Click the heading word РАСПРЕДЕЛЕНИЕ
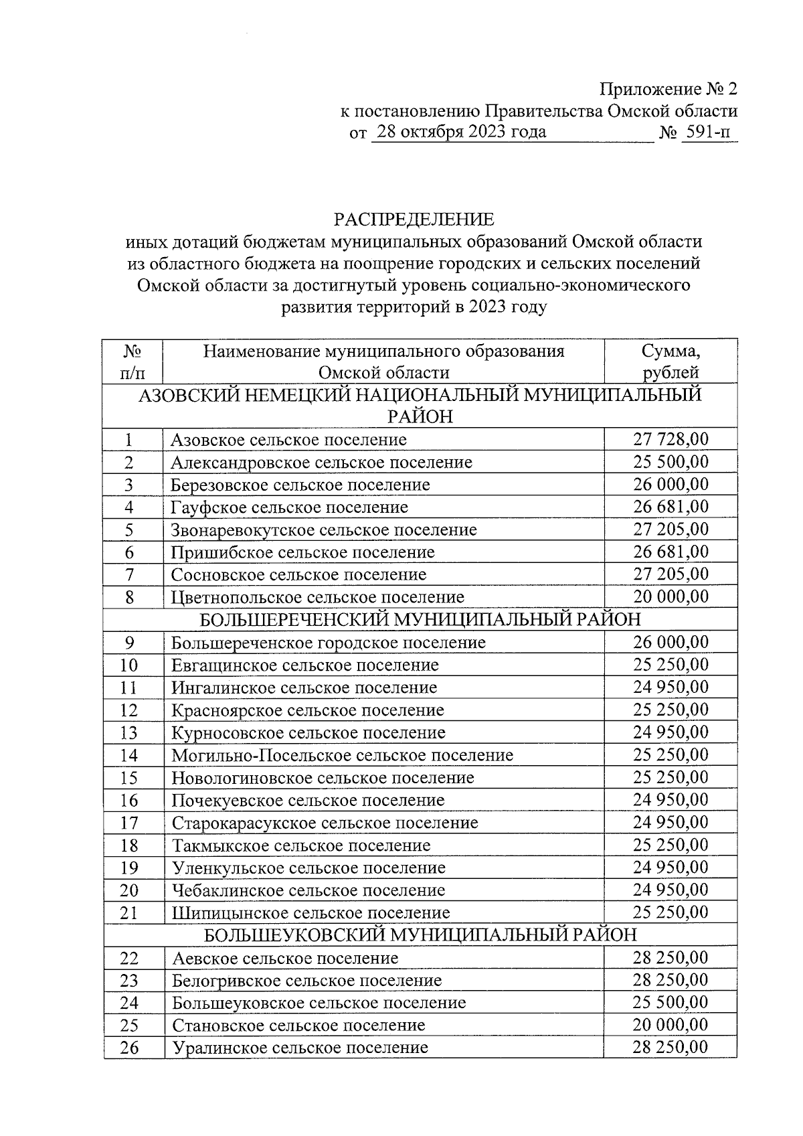pos(414,220)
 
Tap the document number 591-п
pos(709,133)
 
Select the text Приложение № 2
pos(668,89)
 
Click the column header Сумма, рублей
pos(671,361)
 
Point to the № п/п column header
pos(132,361)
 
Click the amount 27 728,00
pos(671,440)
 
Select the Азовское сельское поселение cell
pos(288,440)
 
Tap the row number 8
pos(129,597)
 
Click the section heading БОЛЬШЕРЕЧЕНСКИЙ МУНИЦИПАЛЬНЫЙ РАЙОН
pos(420,619)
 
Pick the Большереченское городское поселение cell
pos(329,643)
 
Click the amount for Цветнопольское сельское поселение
pos(671,597)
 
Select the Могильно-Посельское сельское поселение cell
pos(342,755)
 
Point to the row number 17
pos(129,823)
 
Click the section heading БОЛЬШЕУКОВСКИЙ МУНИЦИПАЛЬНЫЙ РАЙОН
pos(420,935)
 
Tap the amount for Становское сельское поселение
pos(671,1025)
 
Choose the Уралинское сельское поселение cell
pos(300,1048)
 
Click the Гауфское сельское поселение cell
pos(289,507)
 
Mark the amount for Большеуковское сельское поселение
pos(671,1003)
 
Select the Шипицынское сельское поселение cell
pos(311,912)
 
